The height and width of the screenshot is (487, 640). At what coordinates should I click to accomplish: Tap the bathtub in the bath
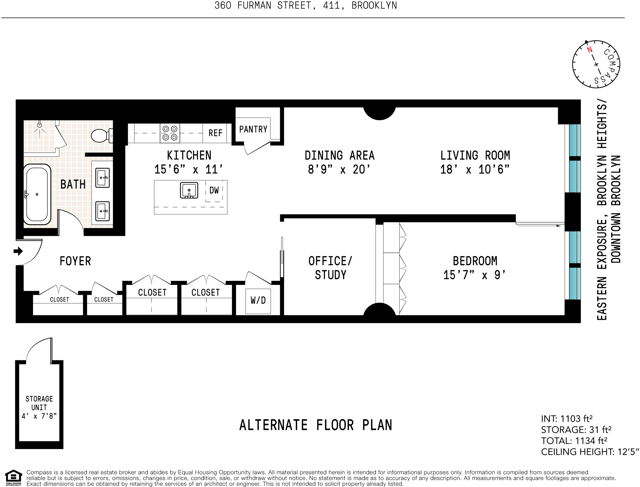[37, 194]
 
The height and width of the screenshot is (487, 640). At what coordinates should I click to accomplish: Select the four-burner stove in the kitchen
[170, 133]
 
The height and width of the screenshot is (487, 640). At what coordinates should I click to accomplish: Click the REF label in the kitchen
[215, 133]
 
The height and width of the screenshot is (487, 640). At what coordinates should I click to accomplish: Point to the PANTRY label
[253, 129]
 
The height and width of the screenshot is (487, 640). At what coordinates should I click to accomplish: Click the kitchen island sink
[189, 190]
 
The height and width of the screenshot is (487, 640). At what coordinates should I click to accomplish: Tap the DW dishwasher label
[214, 190]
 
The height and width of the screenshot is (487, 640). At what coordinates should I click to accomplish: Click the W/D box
[258, 301]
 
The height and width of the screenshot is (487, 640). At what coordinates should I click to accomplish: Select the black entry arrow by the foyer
[18, 251]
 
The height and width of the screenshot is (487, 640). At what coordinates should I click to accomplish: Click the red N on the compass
[589, 50]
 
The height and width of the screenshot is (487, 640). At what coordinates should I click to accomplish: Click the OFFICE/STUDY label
[330, 268]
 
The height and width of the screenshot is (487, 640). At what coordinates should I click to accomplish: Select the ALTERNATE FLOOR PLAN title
[315, 425]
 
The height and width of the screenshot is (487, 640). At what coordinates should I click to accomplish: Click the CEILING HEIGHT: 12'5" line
[590, 452]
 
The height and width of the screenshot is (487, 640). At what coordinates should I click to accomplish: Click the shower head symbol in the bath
[39, 125]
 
